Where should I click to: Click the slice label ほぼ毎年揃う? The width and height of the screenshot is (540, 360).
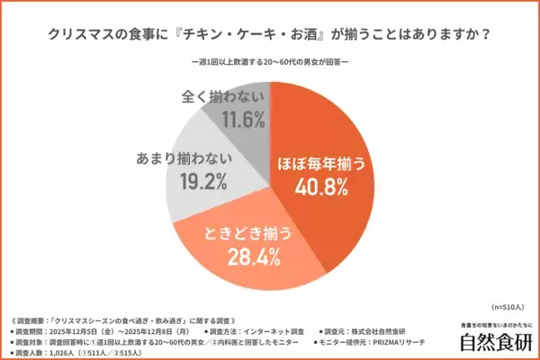click(322, 165)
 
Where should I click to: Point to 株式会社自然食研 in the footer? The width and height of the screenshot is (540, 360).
click(388, 329)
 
